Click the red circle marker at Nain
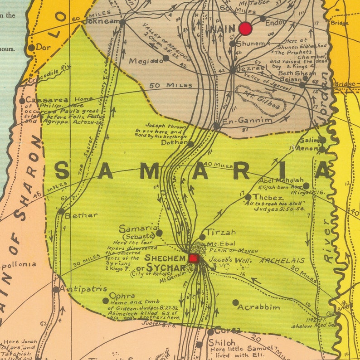pyautogui.click(x=245, y=29)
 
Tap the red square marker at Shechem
pyautogui.click(x=194, y=258)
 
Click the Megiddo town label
pyautogui.click(x=145, y=60)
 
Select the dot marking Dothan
pyautogui.click(x=191, y=144)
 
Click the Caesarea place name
pyautogui.click(x=47, y=100)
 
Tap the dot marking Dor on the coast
pyautogui.click(x=31, y=48)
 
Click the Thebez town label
pyautogui.click(x=268, y=198)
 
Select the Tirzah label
pyautogui.click(x=221, y=232)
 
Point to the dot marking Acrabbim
pyautogui.click(x=235, y=302)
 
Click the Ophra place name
pyautogui.click(x=122, y=296)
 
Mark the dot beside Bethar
pyautogui.click(x=61, y=211)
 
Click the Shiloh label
pyautogui.click(x=222, y=343)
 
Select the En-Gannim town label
pyautogui.click(x=248, y=120)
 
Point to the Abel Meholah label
pyautogui.click(x=282, y=180)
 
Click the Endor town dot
pyautogui.click(x=263, y=19)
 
